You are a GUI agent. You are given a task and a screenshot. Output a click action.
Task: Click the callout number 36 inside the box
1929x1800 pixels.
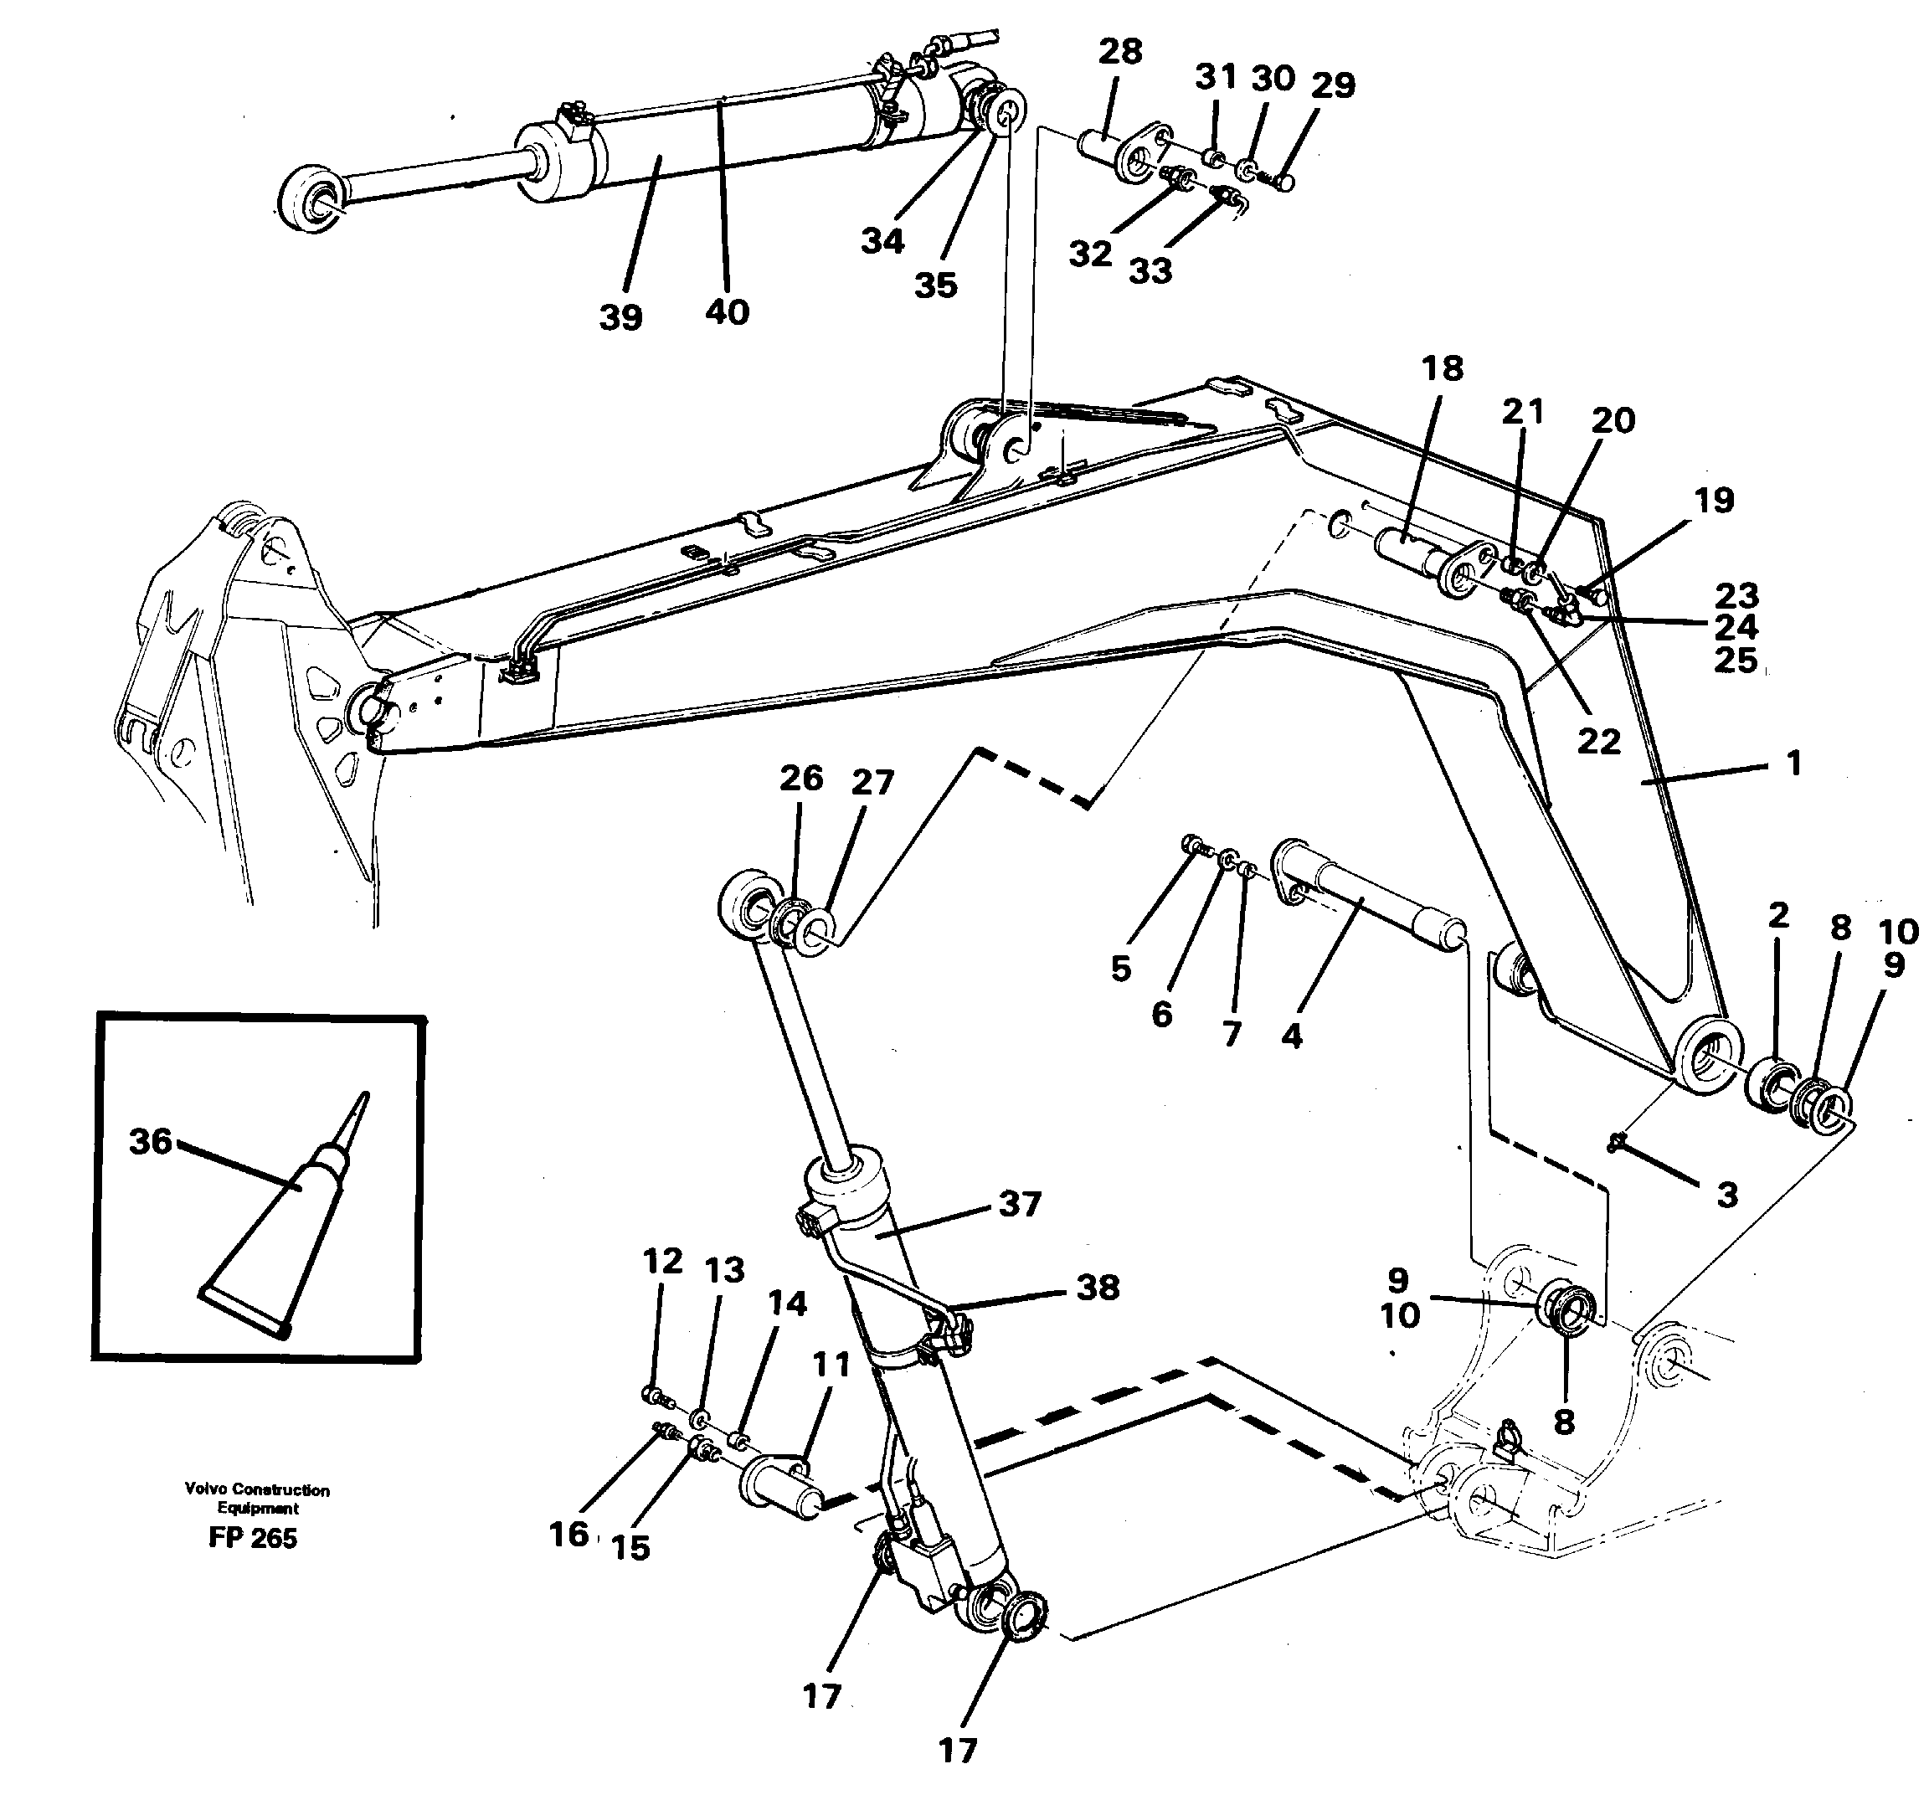[x=151, y=1142]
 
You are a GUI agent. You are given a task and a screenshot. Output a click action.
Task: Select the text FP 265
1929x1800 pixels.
[x=252, y=1538]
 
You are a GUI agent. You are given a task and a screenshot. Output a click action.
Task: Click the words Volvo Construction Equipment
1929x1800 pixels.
[x=257, y=1499]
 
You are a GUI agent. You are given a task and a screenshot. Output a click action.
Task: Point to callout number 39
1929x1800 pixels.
[x=621, y=316]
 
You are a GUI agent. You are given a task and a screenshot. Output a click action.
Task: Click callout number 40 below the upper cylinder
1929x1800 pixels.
[x=727, y=311]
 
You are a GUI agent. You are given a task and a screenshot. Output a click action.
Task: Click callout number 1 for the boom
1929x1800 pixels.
[x=1794, y=763]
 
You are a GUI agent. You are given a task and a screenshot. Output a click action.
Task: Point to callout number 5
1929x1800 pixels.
[x=1121, y=968]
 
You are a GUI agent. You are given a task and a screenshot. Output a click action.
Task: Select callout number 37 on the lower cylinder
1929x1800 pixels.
[x=1019, y=1204]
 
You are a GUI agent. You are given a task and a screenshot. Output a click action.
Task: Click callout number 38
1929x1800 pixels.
[x=1098, y=1288]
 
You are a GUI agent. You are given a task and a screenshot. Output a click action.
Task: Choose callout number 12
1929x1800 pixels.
[x=663, y=1262]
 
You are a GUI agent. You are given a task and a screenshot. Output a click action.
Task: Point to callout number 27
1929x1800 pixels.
[x=872, y=782]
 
